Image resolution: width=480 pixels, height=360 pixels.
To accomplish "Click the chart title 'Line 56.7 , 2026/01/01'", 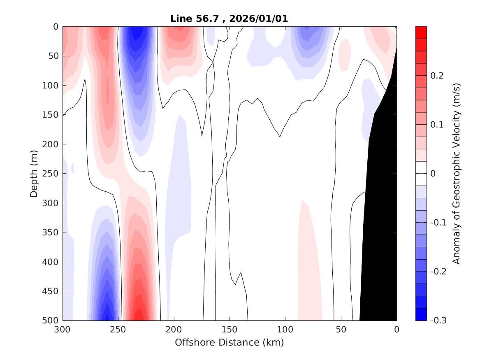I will (230, 19).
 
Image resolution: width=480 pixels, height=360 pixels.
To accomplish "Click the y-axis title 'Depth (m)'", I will (34, 173).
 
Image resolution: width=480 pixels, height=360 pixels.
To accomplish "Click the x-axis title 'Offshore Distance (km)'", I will (230, 342).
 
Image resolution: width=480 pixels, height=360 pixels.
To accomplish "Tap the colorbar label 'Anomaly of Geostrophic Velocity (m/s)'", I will (456, 173).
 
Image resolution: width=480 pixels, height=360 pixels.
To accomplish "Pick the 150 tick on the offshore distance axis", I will (230, 329).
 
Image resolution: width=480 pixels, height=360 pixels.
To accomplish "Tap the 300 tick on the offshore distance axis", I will (63, 329).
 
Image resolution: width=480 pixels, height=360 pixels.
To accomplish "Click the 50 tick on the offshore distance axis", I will (341, 329).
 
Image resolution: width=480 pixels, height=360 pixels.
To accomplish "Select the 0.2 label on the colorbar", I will (436, 76).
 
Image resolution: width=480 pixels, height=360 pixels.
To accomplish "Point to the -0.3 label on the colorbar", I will (438, 320).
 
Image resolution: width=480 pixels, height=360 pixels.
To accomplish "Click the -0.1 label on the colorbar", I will (438, 223).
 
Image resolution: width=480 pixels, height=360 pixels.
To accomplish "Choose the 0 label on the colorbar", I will (433, 174).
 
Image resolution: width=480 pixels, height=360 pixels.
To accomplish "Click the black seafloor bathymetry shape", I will (380, 226).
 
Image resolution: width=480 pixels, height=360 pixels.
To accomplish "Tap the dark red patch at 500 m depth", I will (140, 313).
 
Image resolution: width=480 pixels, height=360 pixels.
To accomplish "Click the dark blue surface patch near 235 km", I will (138, 37).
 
